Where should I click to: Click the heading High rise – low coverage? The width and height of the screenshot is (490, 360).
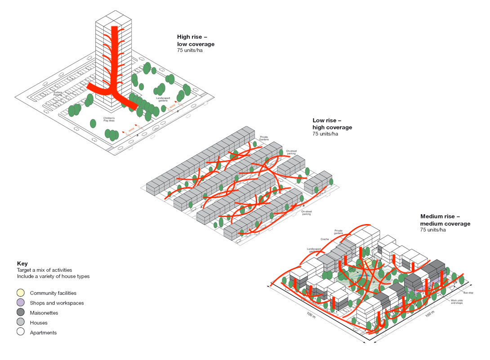196,41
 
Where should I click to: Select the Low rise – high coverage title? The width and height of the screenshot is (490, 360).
332,124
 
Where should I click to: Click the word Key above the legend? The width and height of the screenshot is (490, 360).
22,264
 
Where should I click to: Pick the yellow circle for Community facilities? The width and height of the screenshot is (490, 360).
21,293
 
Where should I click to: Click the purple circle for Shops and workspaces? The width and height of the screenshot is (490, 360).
21,303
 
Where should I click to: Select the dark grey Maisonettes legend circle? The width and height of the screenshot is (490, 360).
21,313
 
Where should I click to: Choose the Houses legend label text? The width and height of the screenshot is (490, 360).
39,323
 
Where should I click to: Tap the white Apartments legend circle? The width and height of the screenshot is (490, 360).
21,333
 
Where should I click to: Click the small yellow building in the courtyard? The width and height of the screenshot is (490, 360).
368,261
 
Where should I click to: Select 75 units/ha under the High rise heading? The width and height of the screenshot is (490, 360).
191,50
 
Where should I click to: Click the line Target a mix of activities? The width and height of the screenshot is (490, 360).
45,270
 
